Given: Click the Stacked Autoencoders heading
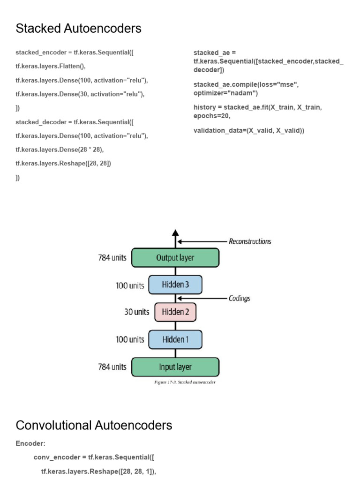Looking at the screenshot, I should (78, 29).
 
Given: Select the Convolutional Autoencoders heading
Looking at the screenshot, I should (94, 425).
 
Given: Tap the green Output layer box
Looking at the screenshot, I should (175, 257).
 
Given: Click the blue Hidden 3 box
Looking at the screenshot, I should (175, 285).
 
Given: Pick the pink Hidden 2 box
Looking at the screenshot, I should (175, 312).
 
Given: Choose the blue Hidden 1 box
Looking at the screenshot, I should (175, 339).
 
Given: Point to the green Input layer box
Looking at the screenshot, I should (175, 367).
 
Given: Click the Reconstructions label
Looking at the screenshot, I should (250, 241).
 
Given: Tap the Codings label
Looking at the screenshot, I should (239, 298).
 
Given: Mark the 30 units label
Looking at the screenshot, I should (137, 312).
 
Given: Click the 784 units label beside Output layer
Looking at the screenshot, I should (112, 258).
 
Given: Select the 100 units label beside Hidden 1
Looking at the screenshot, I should (130, 339).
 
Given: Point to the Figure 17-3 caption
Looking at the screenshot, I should (185, 382).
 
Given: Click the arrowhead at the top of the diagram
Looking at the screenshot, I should (175, 233).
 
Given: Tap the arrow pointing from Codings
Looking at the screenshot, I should (202, 298).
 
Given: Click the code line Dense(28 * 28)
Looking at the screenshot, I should (60, 150).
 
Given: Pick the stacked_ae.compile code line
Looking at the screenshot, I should (246, 89).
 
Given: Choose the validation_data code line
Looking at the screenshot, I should (249, 130).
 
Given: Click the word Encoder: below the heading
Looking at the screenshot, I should (30, 443).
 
